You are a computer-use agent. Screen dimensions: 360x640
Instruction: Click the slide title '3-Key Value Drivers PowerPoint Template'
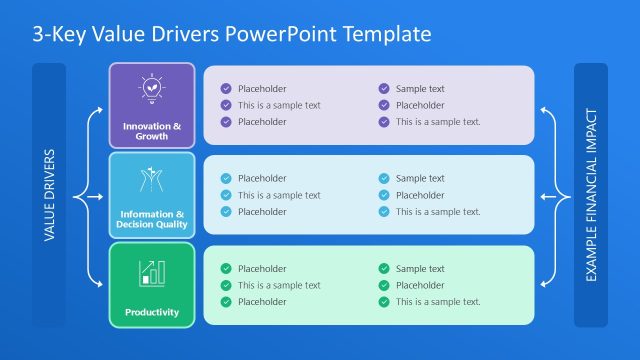[232, 34]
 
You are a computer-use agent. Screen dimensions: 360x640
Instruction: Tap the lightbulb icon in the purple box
[151, 90]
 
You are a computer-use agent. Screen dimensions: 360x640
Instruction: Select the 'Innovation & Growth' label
[152, 131]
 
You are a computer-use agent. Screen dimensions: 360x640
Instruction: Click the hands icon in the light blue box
[151, 179]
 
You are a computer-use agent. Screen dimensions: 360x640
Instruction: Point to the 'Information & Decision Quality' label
[152, 219]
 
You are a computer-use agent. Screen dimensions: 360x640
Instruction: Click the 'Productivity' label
[152, 312]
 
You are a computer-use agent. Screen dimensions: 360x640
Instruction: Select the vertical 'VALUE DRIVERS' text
[50, 196]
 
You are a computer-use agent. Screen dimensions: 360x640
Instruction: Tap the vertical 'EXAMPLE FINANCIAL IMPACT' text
[591, 195]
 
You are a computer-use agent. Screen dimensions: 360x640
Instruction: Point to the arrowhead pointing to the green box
[103, 285]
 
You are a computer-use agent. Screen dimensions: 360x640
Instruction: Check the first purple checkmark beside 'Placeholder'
[226, 89]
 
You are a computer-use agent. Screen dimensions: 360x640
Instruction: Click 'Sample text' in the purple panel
[420, 89]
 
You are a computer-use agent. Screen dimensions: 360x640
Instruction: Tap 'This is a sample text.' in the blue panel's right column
[438, 212]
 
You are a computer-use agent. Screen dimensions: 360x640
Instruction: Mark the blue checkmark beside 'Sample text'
[384, 179]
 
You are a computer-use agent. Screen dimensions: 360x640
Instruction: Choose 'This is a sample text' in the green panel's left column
[279, 285]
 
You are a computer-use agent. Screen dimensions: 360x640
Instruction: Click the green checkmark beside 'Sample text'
[384, 269]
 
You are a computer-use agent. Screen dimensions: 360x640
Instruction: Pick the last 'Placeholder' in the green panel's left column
[262, 302]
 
